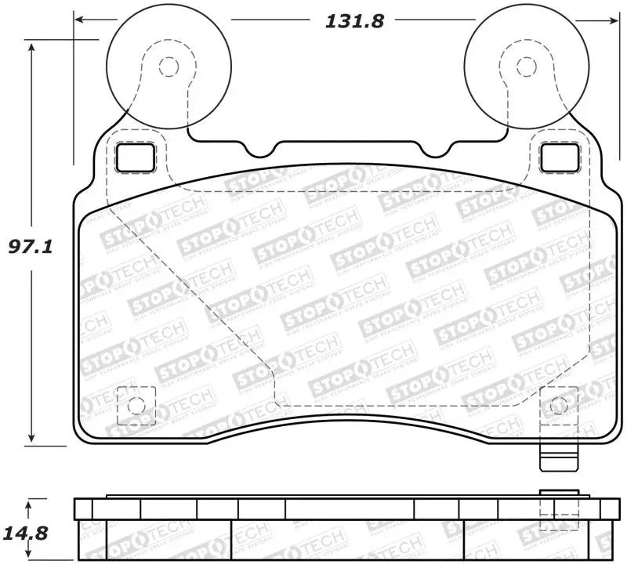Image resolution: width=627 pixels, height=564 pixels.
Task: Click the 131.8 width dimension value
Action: pyautogui.click(x=354, y=21)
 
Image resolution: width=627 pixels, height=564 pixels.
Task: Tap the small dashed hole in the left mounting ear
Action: pyautogui.click(x=168, y=67)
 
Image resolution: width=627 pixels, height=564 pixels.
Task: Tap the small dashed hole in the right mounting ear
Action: pyautogui.click(x=522, y=67)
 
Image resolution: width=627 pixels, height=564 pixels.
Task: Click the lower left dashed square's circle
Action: pyautogui.click(x=136, y=406)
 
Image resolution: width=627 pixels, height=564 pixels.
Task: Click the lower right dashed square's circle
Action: pyautogui.click(x=558, y=406)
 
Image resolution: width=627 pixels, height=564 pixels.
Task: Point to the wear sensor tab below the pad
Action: pyautogui.click(x=558, y=457)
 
